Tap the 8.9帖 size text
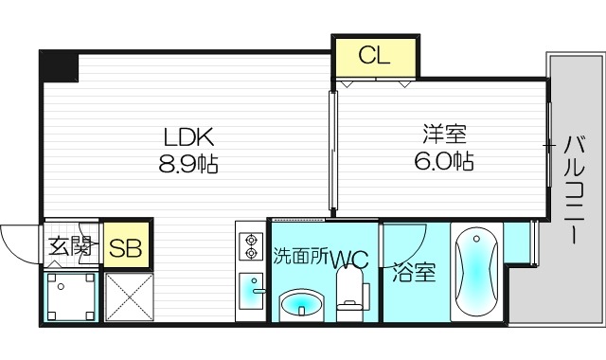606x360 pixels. tap(187, 165)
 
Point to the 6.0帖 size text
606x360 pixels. tap(443, 160)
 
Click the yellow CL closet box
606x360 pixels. tap(374, 56)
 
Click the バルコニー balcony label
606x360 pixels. tap(574, 189)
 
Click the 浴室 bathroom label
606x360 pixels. tap(414, 273)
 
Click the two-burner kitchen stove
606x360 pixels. tap(251, 245)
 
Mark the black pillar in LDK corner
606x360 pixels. tap(58, 67)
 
